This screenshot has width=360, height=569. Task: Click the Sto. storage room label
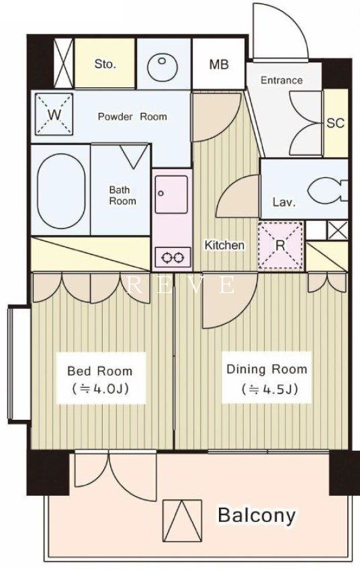[105, 64]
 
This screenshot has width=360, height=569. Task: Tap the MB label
[219, 64]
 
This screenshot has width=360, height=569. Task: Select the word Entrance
[281, 80]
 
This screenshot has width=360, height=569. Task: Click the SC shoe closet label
[335, 123]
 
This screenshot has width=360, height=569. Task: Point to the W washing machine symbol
[54, 115]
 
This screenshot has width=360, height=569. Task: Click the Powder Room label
[132, 116]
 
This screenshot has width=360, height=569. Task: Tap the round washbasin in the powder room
[163, 67]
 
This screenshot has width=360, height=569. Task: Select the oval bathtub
[60, 191]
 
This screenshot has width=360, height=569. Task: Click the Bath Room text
[122, 195]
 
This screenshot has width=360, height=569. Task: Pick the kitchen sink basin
[171, 194]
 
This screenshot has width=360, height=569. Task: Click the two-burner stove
[173, 257]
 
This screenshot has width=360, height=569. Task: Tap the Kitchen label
[224, 245]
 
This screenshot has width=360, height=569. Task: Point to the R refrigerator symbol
[281, 246]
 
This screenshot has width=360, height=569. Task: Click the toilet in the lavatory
[327, 189]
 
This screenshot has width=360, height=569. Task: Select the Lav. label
[284, 202]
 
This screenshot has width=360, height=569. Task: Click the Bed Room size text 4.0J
[101, 389]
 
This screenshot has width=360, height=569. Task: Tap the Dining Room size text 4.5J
[269, 389]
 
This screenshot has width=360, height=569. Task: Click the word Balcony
[257, 516]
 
